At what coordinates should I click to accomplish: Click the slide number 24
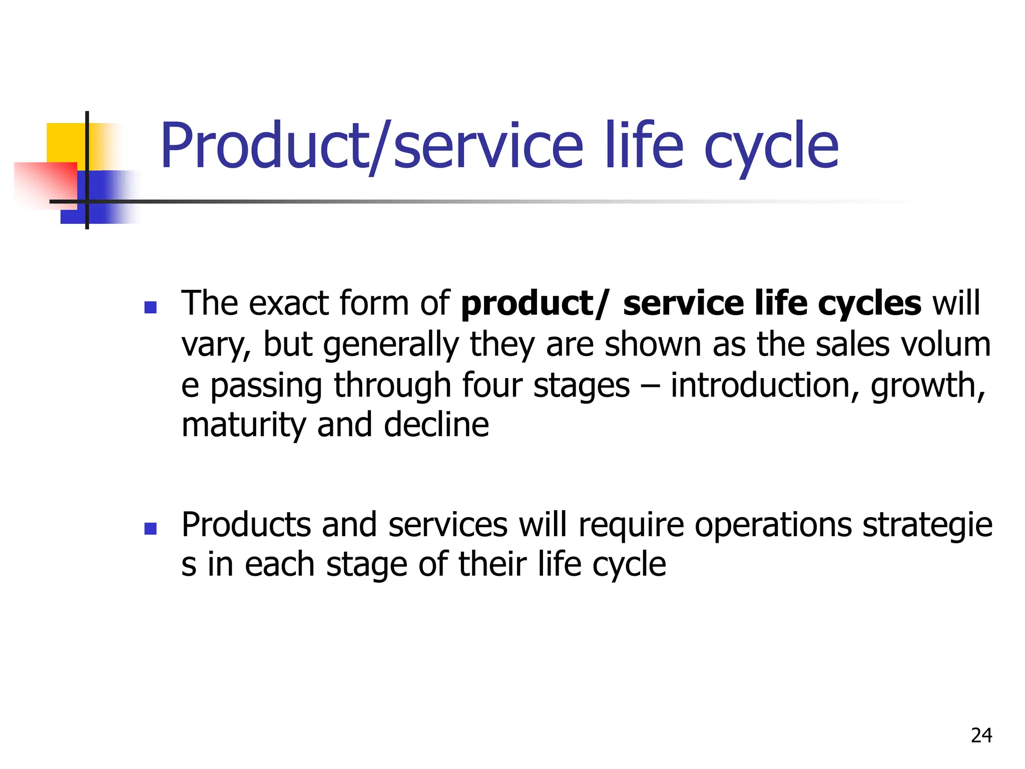pos(981,735)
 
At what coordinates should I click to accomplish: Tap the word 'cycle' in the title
pos(771,146)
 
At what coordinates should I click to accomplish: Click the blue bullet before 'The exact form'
pos(150,307)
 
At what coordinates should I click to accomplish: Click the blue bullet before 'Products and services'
pos(150,529)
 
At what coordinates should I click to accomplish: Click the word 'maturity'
pos(243,426)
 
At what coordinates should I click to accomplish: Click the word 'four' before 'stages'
pos(491,385)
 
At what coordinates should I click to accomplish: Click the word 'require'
pos(631,526)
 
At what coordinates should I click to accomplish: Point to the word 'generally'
pos(391,345)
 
